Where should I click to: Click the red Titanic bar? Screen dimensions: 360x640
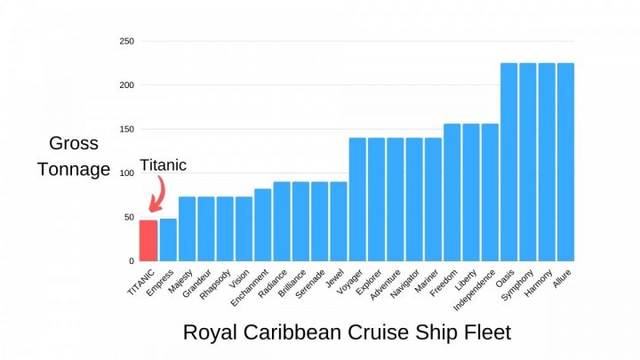148,240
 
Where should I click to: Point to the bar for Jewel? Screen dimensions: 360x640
339,221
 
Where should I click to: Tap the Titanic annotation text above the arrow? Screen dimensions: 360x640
164,165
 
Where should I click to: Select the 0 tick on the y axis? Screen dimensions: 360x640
131,261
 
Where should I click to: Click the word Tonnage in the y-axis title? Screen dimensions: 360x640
74,169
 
